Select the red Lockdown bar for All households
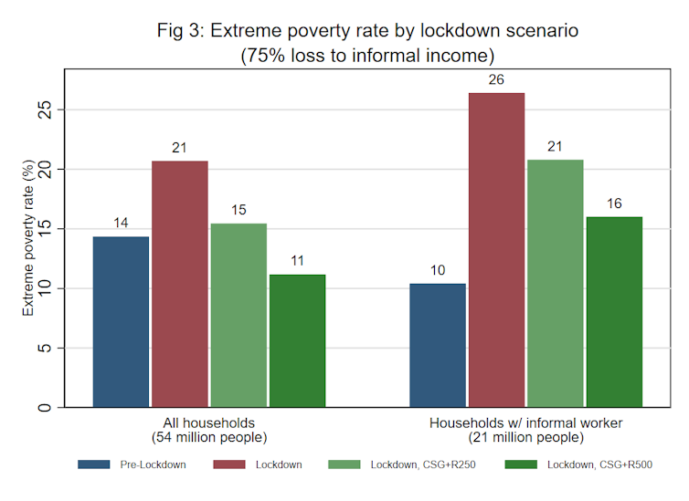179,284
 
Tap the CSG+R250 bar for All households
238,315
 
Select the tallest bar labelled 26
496,250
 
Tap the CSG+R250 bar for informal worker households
555,283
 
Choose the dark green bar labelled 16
613,311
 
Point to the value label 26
496,79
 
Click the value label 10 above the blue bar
438,270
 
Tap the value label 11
296,261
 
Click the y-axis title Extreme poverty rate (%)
29,239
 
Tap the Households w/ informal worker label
525,423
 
